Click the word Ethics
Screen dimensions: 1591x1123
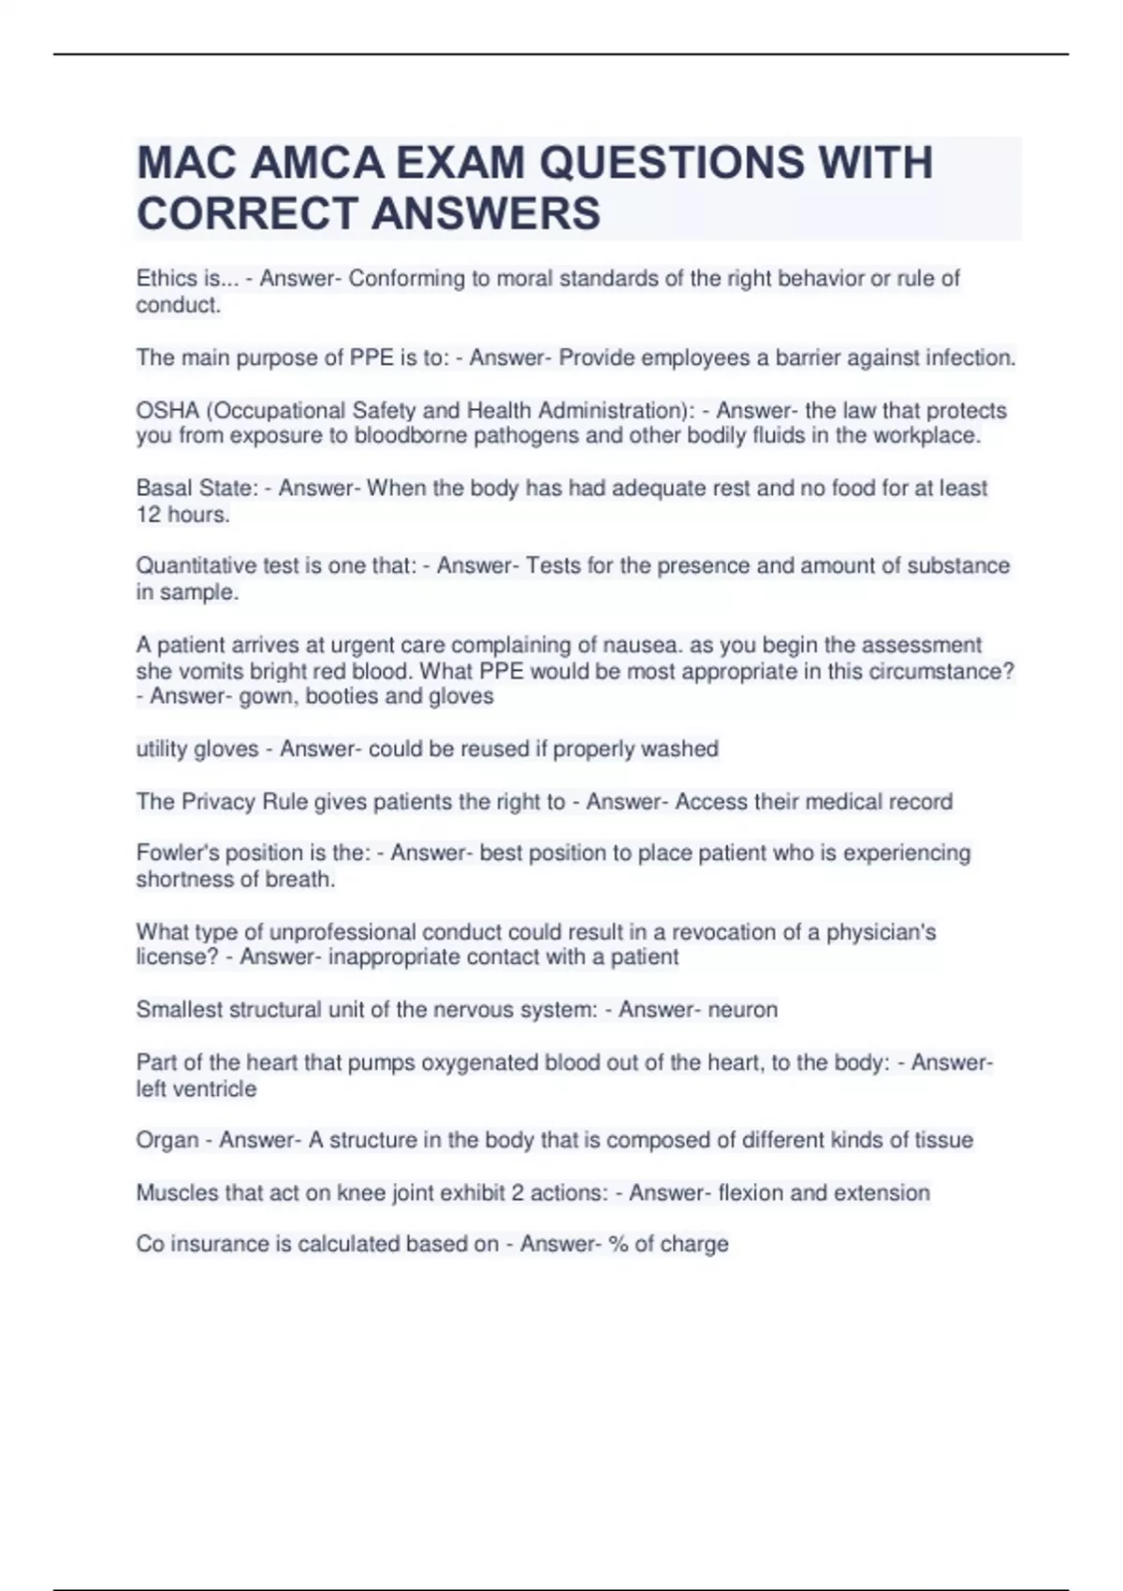(x=167, y=279)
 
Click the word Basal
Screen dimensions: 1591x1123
(x=165, y=489)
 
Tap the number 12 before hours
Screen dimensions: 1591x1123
(x=148, y=515)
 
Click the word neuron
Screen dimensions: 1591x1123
(x=742, y=1010)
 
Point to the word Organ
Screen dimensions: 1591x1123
(x=168, y=1141)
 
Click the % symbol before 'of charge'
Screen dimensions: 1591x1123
(x=618, y=1245)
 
